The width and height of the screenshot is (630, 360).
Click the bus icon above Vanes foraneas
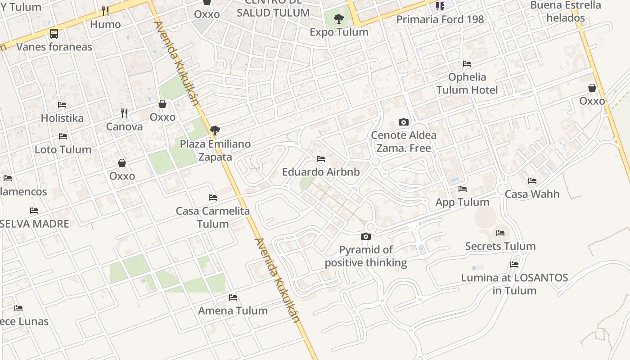[x=54, y=33]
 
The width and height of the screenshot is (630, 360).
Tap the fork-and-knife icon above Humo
[x=105, y=11]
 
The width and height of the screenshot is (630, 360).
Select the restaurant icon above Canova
[x=124, y=113]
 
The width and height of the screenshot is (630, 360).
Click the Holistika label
[x=62, y=118]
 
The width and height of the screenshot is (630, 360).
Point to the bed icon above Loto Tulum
[x=63, y=136]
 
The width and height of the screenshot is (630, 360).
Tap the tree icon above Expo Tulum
[x=339, y=19]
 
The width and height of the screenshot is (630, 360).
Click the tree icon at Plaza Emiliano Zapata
[x=215, y=131]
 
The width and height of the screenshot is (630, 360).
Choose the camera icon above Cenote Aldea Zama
[x=404, y=122]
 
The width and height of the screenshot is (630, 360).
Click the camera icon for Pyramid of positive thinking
[x=366, y=237]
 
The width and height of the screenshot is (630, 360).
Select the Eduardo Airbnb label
[x=321, y=172]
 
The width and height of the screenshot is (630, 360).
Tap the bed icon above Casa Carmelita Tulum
[x=213, y=198]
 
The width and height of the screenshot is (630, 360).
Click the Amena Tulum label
[x=233, y=310]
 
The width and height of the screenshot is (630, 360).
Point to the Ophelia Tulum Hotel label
[x=467, y=83]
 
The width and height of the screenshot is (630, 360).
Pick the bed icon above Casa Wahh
[x=532, y=181]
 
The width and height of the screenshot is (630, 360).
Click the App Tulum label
[x=462, y=202]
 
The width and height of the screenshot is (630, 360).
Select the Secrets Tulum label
[x=500, y=246]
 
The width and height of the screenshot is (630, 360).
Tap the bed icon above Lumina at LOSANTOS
[x=514, y=265]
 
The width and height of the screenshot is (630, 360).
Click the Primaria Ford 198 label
[x=440, y=19]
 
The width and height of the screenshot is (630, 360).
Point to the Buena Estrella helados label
[x=566, y=12]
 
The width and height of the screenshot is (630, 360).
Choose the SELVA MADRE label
[x=35, y=224]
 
